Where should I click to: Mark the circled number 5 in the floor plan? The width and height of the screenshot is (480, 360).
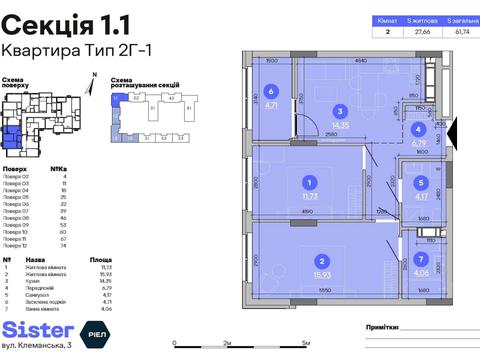(x=422, y=183)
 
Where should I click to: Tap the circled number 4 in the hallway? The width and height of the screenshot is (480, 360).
(x=418, y=129)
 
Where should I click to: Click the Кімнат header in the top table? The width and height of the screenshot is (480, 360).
(x=387, y=19)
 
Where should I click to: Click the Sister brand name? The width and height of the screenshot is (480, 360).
(x=38, y=329)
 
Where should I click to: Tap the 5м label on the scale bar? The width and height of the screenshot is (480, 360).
(x=302, y=342)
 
